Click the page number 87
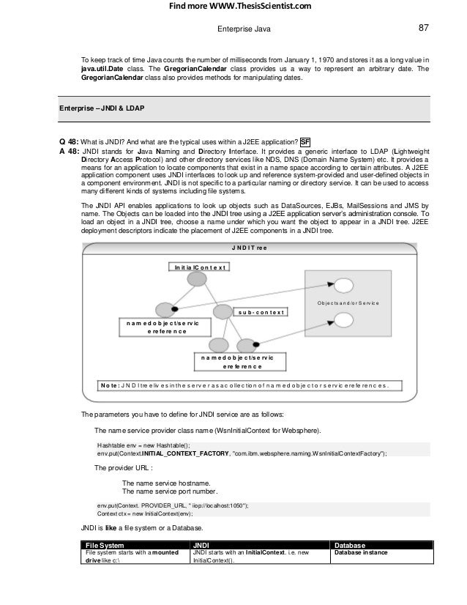(423, 29)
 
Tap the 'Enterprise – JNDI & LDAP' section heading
(102, 108)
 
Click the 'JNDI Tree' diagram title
(249, 248)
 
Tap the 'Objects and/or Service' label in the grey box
(354, 302)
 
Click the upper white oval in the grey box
(344, 284)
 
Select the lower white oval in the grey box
(344, 319)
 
